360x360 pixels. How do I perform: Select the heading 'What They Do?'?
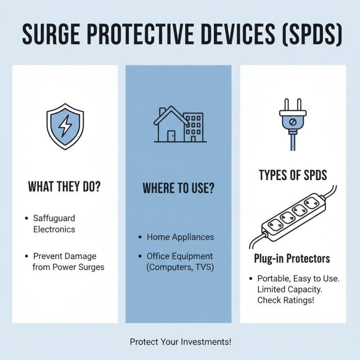[x=64, y=186]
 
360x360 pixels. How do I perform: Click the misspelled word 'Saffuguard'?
[x=54, y=218]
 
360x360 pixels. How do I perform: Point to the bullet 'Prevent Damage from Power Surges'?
[x=68, y=261]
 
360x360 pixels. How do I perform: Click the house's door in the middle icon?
[x=171, y=135]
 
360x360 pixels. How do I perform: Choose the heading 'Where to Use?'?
[x=178, y=188]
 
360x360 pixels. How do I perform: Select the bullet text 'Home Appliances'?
[x=180, y=237]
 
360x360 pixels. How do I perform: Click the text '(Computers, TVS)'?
[x=180, y=267]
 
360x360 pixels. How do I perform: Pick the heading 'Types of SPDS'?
[x=292, y=175]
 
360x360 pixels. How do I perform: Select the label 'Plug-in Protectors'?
[x=292, y=258]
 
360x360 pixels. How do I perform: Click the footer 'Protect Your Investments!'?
[x=180, y=342]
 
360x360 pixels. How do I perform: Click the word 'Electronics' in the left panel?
[x=54, y=229]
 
